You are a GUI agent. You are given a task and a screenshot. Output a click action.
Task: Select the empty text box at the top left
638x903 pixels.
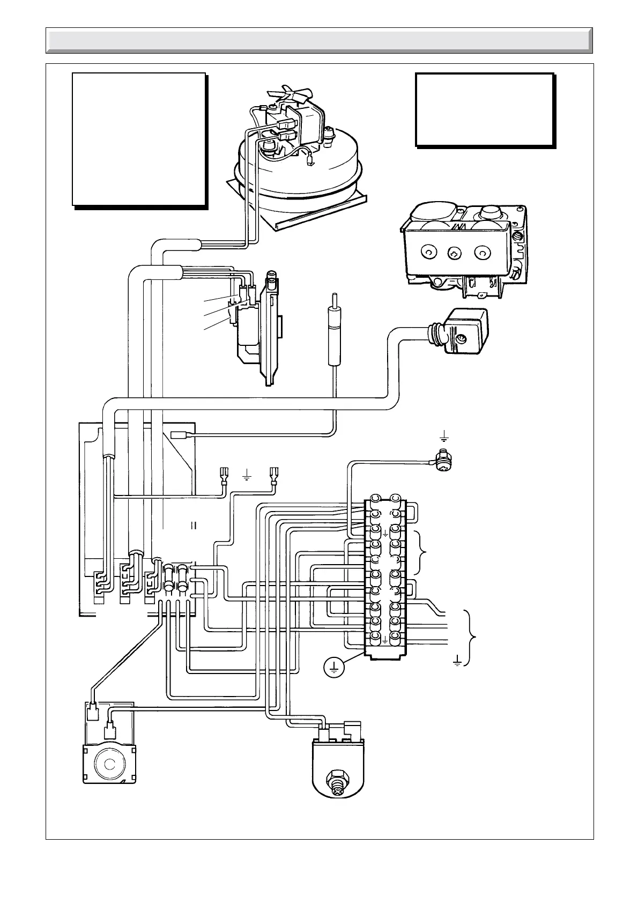(139, 139)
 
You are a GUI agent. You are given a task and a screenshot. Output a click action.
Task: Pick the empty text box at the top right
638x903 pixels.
(484, 109)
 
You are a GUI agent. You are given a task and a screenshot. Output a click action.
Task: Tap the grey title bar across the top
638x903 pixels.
(319, 40)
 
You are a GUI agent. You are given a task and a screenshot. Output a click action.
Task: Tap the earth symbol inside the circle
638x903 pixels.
(333, 667)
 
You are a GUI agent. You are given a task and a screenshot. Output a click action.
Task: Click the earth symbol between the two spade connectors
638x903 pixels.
(247, 475)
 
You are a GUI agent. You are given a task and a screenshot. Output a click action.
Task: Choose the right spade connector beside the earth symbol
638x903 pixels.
(276, 475)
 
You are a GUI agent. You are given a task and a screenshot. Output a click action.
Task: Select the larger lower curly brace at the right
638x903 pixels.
(471, 637)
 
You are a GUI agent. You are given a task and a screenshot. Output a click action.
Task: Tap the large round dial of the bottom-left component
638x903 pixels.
(109, 764)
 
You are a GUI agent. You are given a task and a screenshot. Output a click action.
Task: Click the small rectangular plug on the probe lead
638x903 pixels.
(178, 435)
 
